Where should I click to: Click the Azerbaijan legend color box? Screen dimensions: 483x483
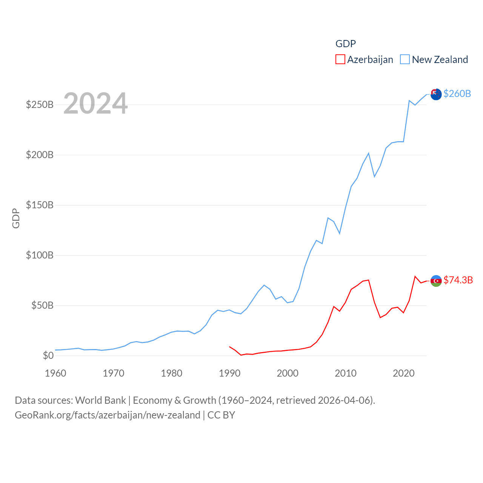tap(340, 60)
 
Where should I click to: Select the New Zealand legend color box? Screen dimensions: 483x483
tap(405, 60)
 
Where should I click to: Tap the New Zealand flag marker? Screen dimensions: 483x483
tap(436, 94)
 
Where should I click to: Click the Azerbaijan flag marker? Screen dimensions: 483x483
tap(436, 281)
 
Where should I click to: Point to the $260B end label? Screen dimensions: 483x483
tap(457, 94)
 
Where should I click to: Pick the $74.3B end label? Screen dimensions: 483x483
tap(458, 280)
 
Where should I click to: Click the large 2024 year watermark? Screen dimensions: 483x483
tap(95, 103)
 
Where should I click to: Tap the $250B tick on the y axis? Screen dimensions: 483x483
tap(40, 105)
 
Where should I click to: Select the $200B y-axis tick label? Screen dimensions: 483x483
tap(40, 155)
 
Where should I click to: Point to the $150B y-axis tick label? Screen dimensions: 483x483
tap(40, 205)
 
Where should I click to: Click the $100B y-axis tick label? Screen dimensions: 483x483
tap(40, 255)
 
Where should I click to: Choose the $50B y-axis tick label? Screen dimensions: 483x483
tap(42, 305)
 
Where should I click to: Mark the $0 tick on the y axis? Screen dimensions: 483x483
tap(48, 355)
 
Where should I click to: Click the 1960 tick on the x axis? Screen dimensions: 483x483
tap(55, 373)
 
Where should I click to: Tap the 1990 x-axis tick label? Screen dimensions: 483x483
tap(229, 373)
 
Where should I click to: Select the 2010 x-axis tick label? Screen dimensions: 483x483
tap(346, 373)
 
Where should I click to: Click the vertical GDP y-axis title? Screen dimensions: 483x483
tap(16, 218)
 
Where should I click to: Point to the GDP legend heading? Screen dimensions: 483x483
tap(346, 44)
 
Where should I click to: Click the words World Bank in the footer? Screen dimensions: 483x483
tap(100, 400)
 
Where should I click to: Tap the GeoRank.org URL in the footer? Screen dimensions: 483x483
tap(108, 415)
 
